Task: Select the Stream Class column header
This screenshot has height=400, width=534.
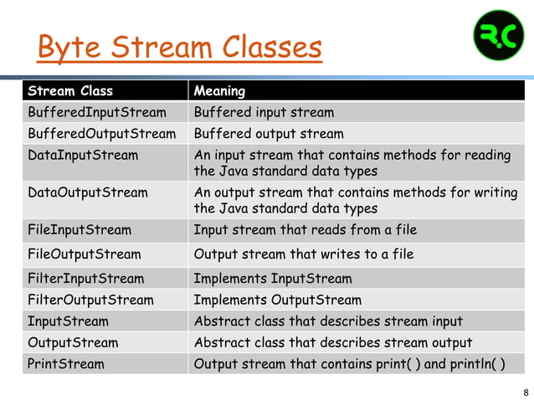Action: [x=70, y=90]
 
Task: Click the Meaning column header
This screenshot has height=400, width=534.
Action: [x=219, y=90]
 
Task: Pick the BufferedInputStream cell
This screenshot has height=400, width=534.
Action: [x=97, y=112]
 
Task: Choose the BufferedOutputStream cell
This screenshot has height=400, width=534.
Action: [x=101, y=134]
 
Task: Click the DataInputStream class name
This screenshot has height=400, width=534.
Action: [x=83, y=156]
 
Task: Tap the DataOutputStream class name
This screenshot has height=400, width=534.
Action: [x=88, y=192]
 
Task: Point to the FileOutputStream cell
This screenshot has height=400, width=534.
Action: [x=85, y=254]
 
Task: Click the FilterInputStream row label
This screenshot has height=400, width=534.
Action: [x=85, y=279]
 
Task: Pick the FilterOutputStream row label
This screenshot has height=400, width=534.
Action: [x=90, y=300]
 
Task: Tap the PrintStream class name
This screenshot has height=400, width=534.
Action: [x=66, y=364]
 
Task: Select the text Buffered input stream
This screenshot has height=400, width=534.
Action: [x=264, y=112]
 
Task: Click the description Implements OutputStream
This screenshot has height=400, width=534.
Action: [x=277, y=300]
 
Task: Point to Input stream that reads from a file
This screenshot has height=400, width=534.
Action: [x=305, y=229]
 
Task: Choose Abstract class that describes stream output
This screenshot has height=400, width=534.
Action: [x=333, y=342]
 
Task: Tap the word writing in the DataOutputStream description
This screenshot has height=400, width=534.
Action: [x=495, y=192]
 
